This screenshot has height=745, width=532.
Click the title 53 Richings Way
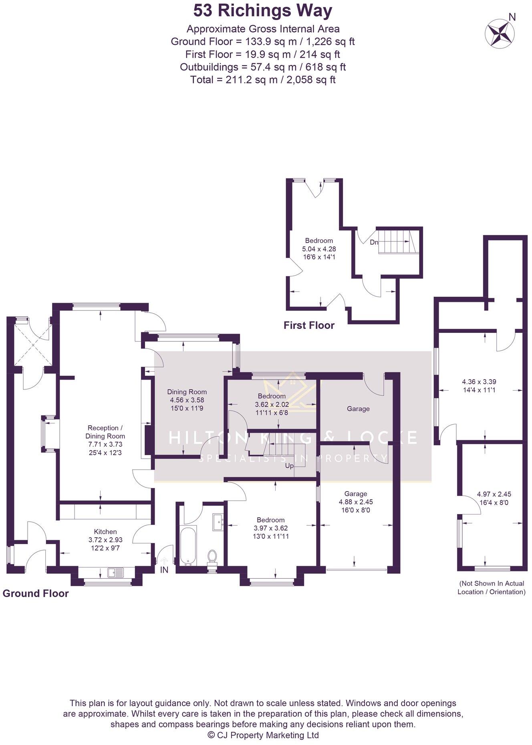pyautogui.click(x=263, y=11)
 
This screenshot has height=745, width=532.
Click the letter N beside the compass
pyautogui.click(x=512, y=17)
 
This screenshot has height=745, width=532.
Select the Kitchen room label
pyautogui.click(x=105, y=532)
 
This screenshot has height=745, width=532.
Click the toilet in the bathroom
pyautogui.click(x=212, y=557)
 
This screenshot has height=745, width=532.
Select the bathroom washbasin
pyautogui.click(x=218, y=522)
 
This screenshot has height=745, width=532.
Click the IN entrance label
pyautogui.click(x=164, y=570)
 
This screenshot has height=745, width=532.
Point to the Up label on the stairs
pyautogui.click(x=289, y=466)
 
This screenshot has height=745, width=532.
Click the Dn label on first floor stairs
pyautogui.click(x=373, y=242)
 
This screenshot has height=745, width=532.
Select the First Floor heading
pyautogui.click(x=309, y=325)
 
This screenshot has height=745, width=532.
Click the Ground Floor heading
pyautogui.click(x=36, y=593)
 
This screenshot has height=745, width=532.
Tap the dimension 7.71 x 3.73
pyautogui.click(x=105, y=444)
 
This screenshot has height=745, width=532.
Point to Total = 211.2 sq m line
pyautogui.click(x=263, y=79)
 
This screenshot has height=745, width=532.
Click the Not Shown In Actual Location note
pyautogui.click(x=491, y=587)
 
